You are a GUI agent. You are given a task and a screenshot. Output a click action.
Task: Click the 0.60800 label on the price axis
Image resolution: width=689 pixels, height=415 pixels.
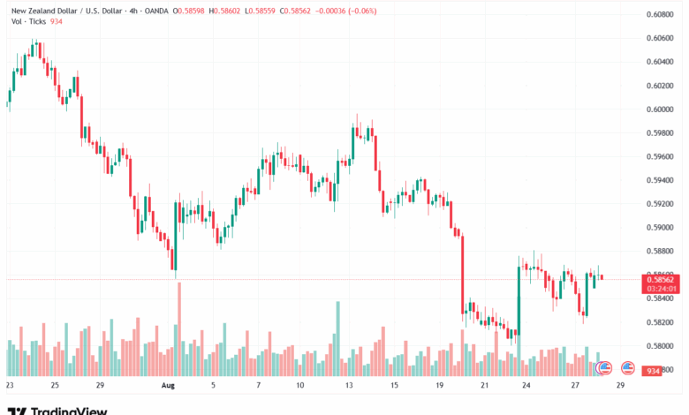pyautogui.click(x=662, y=15)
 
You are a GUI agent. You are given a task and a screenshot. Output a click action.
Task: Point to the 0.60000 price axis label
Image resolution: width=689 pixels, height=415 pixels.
pyautogui.click(x=662, y=109)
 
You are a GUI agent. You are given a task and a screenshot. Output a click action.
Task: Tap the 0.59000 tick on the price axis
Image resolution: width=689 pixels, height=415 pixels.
pyautogui.click(x=662, y=227)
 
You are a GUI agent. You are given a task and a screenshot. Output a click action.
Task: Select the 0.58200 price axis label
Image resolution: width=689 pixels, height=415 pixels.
pyautogui.click(x=662, y=321)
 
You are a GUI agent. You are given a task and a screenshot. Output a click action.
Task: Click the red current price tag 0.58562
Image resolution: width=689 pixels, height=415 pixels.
pyautogui.click(x=662, y=279)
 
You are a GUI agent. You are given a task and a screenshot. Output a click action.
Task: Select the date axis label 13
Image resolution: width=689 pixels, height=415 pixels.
pyautogui.click(x=349, y=386)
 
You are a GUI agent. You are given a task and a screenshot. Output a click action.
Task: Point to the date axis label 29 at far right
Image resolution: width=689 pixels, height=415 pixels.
pyautogui.click(x=620, y=386)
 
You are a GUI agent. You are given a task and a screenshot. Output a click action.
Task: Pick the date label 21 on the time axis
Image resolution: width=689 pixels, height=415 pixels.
pyautogui.click(x=484, y=386)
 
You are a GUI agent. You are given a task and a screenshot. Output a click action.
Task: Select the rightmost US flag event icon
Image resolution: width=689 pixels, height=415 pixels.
pyautogui.click(x=628, y=367)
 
